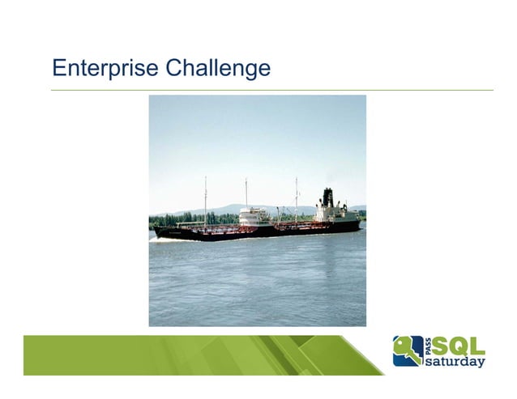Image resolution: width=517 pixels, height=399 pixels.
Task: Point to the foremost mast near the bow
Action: tap(205, 198)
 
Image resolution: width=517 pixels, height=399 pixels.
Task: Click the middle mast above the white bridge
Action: tap(246, 194)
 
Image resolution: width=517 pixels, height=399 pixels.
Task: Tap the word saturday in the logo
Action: tap(455, 362)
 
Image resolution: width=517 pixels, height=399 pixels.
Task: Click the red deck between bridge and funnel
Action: tap(292, 227)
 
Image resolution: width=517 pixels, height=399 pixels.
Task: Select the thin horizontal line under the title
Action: tap(271, 90)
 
